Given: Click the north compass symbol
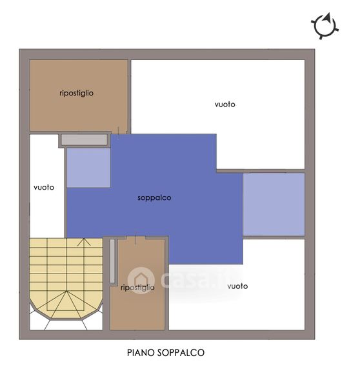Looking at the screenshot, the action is (325, 26).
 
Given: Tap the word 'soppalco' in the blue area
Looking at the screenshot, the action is (154, 198).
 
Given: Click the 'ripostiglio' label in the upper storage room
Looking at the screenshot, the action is (76, 93).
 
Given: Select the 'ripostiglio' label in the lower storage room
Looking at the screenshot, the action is (137, 288).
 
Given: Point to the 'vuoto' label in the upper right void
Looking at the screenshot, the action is (225, 104).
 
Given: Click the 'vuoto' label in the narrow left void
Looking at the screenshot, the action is (44, 187).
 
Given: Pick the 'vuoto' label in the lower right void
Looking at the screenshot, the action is (237, 286).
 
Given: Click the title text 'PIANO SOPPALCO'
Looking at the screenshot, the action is (166, 352).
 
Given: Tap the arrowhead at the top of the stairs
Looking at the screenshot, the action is (84, 242).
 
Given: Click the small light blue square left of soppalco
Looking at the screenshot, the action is (88, 168).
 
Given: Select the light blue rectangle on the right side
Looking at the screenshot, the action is (274, 204).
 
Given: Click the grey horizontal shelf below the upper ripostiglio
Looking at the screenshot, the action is (85, 140).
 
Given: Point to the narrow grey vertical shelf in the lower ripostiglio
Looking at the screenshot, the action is (112, 261).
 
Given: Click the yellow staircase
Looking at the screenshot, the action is (66, 277).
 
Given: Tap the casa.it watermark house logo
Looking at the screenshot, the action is (141, 280).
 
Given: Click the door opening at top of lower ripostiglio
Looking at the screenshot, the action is (135, 237).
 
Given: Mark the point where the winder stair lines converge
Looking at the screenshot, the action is (66, 291).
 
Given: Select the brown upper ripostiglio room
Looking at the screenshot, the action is (79, 95).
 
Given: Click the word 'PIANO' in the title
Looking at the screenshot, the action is (141, 352).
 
